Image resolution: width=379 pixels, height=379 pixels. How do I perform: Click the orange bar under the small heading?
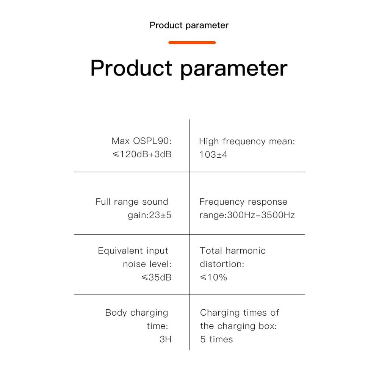192,43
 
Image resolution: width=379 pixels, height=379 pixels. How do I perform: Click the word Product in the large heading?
131,68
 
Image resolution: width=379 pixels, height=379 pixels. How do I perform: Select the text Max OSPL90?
142,141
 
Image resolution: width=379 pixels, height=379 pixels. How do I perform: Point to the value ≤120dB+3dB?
142,154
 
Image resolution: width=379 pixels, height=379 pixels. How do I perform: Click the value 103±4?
213,155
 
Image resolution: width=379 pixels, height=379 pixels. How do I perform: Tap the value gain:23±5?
150,215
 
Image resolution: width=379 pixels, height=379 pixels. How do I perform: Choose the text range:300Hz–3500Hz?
247,215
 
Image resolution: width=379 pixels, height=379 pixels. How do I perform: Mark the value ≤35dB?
157,277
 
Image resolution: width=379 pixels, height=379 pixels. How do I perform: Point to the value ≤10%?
213,277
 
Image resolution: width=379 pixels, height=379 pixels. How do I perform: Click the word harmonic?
246,251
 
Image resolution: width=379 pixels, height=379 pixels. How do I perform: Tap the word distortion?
222,264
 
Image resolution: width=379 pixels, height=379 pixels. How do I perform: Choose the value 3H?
166,339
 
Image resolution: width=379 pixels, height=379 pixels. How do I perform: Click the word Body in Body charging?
116,313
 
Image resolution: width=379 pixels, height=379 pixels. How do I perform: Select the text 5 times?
216,339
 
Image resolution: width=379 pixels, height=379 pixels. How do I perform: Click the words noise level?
147,264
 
